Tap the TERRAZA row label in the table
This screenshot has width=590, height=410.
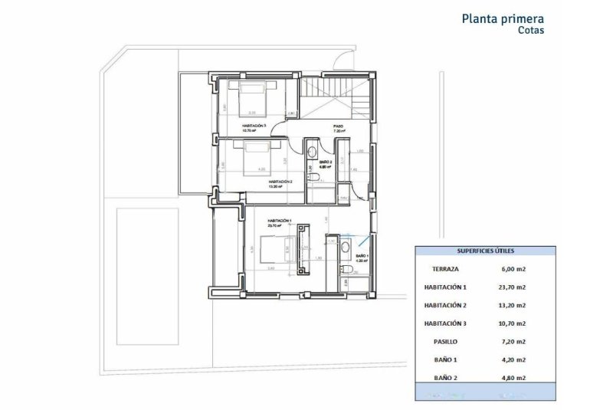445,268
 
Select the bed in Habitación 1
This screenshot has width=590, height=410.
274,251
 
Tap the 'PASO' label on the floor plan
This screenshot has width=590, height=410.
338,126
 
